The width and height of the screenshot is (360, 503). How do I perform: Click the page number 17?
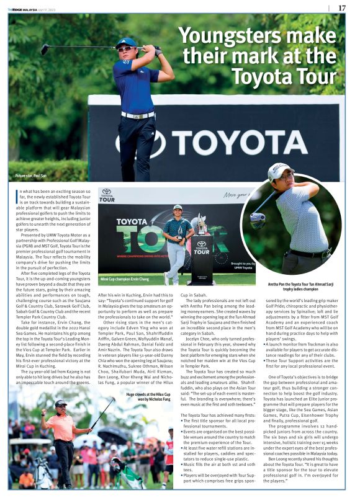(342, 7)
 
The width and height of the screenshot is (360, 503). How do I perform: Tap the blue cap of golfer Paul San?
(126, 42)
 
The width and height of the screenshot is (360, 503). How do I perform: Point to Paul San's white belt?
(137, 115)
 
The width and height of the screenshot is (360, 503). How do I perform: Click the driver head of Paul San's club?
(44, 50)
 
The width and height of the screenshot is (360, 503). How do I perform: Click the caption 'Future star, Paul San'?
(31, 176)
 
